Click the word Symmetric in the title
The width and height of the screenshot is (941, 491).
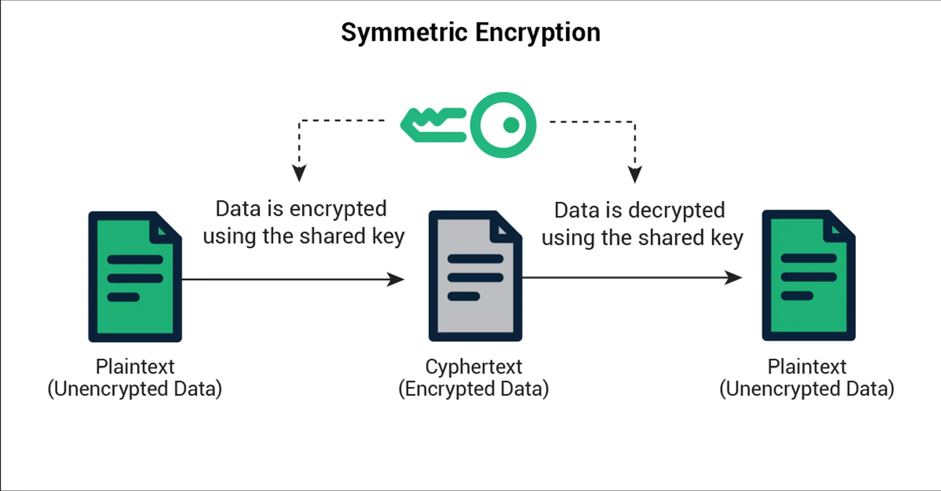[x=404, y=32]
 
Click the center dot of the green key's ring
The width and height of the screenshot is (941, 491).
[x=511, y=125]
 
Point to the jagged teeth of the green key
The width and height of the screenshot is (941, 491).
[x=432, y=118]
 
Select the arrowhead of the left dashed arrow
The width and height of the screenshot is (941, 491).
[x=298, y=173]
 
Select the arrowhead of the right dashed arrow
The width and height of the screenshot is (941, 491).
[x=635, y=174]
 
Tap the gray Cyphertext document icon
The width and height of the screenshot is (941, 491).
[x=475, y=276]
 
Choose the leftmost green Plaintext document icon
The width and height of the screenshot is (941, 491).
[x=135, y=276]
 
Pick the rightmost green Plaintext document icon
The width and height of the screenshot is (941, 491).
[x=808, y=275]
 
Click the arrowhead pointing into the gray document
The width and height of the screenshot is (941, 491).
[x=396, y=280]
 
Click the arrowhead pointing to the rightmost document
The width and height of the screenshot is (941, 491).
[x=734, y=278]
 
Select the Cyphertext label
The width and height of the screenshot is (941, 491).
[x=474, y=366]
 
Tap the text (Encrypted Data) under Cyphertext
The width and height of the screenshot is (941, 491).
[x=474, y=389]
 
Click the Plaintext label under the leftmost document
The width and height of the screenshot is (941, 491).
[x=135, y=366]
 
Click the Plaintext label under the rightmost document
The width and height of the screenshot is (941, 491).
[x=807, y=366]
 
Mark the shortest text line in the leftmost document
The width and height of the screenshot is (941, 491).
[x=123, y=298]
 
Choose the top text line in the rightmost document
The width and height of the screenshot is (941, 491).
[x=808, y=258]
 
